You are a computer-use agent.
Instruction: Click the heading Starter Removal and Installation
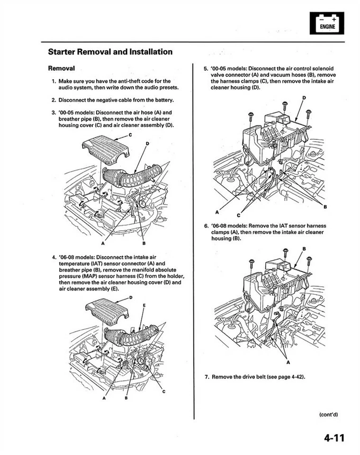(x=110, y=52)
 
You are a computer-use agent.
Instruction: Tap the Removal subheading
(x=62, y=68)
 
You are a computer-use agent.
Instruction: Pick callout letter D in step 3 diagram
(x=147, y=143)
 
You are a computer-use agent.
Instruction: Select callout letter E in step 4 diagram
(x=144, y=306)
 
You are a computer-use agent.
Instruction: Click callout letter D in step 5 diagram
(x=304, y=98)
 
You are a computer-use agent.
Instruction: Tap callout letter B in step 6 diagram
(x=304, y=248)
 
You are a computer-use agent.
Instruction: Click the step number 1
(x=54, y=81)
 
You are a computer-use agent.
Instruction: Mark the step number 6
(x=207, y=226)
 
